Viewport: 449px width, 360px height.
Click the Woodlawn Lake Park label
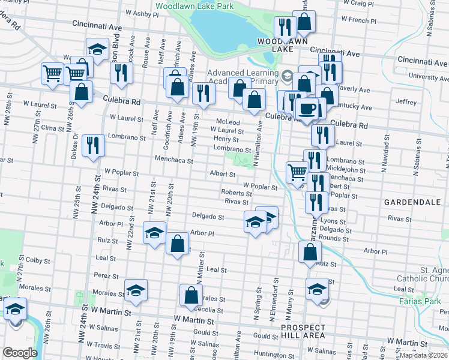click(194, 6)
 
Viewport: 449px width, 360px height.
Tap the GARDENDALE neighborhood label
click(412, 203)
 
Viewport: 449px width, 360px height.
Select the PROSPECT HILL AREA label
click(303, 332)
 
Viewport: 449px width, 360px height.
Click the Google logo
click(20, 353)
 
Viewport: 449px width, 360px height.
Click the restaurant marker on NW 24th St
click(93, 146)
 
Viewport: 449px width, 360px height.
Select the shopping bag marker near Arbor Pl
click(176, 244)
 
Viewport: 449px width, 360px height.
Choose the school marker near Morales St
click(136, 290)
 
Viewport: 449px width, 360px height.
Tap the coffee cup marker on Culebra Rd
click(309, 109)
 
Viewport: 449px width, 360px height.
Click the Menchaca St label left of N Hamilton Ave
click(173, 161)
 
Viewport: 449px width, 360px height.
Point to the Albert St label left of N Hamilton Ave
click(222, 174)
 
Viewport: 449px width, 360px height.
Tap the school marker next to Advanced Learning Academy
click(287, 76)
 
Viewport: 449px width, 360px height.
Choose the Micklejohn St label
click(349, 170)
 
